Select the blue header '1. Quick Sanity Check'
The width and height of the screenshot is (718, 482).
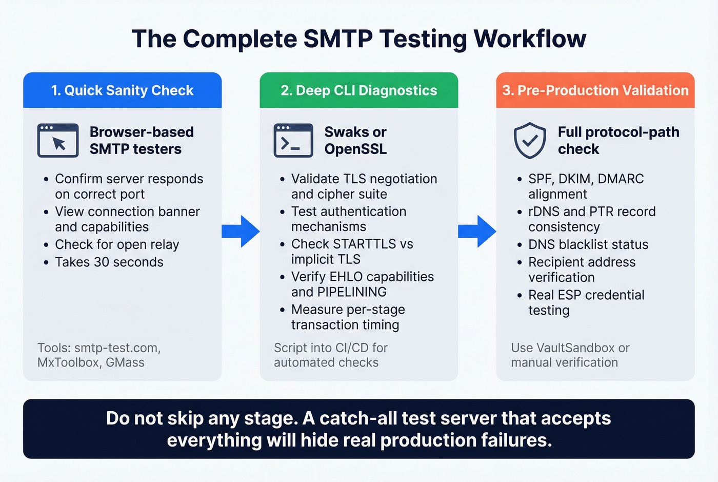point(122,90)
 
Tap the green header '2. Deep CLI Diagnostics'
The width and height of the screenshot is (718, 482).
point(358,90)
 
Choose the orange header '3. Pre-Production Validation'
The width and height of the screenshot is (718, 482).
point(595,90)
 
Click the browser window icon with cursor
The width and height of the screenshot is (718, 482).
point(58,140)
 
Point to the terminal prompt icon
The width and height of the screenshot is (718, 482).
point(293,140)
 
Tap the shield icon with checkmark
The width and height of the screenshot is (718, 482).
point(530,140)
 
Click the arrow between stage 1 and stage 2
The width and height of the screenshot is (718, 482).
point(241,232)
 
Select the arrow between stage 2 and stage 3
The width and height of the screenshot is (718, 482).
point(477,232)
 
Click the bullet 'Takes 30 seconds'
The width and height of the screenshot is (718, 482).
point(109,262)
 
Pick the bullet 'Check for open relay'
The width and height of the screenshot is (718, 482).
point(117,244)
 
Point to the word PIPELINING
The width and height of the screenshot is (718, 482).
point(352,292)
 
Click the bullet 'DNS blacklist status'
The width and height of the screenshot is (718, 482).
point(588,244)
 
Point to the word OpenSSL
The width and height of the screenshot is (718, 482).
point(355,149)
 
